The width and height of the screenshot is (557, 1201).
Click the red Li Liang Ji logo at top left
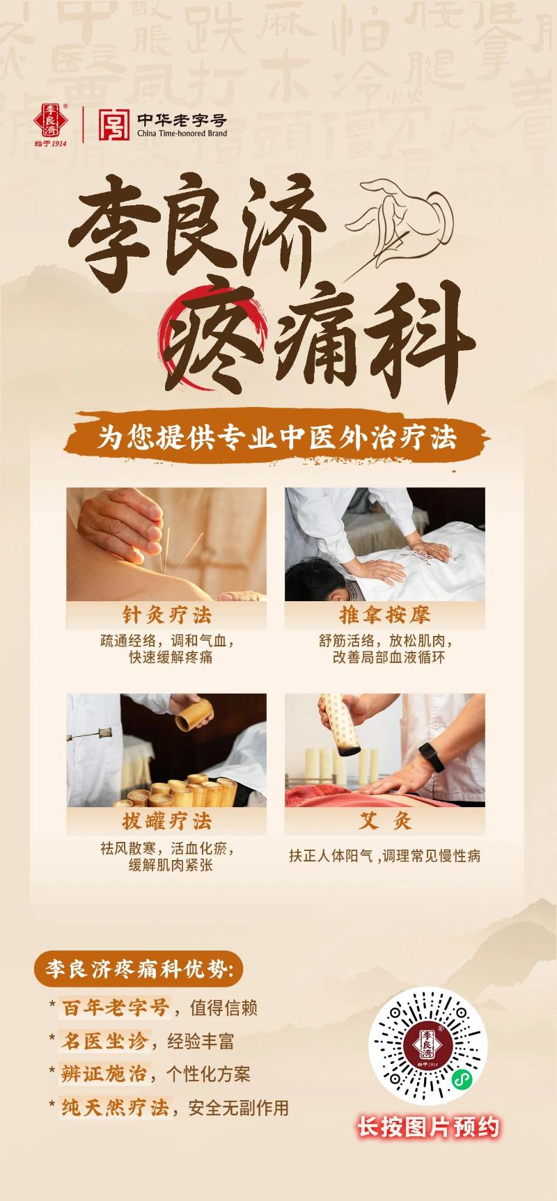point(50,122)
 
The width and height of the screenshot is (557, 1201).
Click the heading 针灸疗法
point(166,615)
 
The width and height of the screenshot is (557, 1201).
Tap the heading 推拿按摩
point(384,615)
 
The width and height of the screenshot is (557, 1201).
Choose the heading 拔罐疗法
point(166,821)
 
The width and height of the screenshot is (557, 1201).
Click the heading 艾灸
point(384,821)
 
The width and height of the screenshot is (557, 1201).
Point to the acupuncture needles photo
point(166,543)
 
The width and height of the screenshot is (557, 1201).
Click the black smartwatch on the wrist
point(431,757)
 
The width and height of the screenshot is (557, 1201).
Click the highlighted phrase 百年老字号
point(116,1008)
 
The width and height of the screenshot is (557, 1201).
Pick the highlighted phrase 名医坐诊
point(104,1041)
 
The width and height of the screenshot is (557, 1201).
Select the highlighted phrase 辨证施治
point(104,1074)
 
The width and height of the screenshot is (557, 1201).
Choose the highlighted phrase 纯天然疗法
point(115,1107)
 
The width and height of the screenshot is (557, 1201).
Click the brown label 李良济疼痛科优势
point(139,969)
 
